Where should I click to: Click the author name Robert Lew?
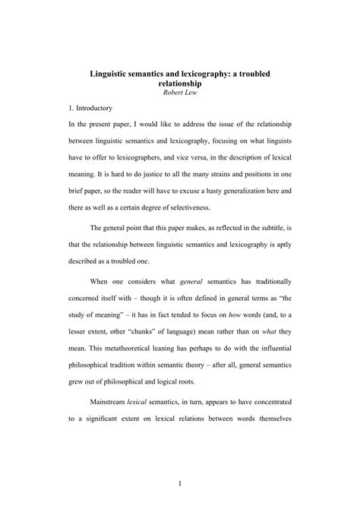[x=179, y=93]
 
